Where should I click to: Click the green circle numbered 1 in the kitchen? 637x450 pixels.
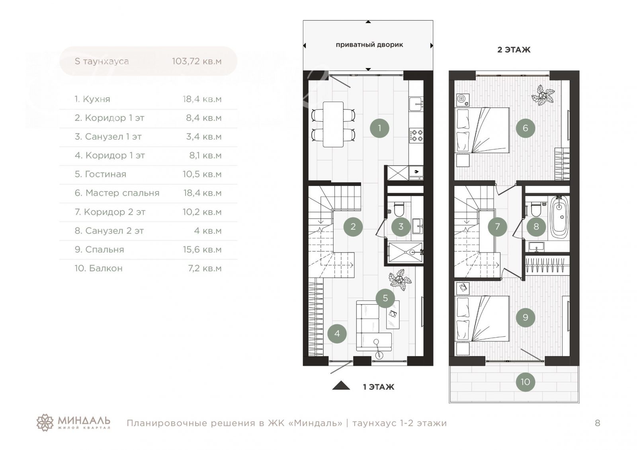click(379, 128)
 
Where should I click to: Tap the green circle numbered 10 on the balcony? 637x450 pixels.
click(525, 382)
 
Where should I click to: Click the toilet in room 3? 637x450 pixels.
click(399, 209)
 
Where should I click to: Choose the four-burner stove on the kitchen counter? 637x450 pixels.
click(416, 135)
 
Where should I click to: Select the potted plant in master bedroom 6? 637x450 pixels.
click(543, 96)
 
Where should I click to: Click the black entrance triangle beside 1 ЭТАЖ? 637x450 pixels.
click(341, 386)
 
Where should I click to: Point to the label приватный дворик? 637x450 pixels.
click(369, 45)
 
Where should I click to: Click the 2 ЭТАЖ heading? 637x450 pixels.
click(514, 50)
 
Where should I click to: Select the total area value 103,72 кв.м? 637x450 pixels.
click(197, 61)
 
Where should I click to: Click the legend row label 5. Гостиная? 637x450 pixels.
click(100, 174)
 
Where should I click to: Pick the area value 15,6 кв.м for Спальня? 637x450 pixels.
click(202, 249)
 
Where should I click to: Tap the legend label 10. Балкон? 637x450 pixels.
click(99, 268)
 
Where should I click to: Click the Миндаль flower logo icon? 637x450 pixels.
click(45, 423)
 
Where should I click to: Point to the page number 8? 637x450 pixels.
click(598, 423)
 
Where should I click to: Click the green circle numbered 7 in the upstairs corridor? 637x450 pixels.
click(497, 226)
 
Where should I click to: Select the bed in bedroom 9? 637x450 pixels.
click(482, 318)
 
